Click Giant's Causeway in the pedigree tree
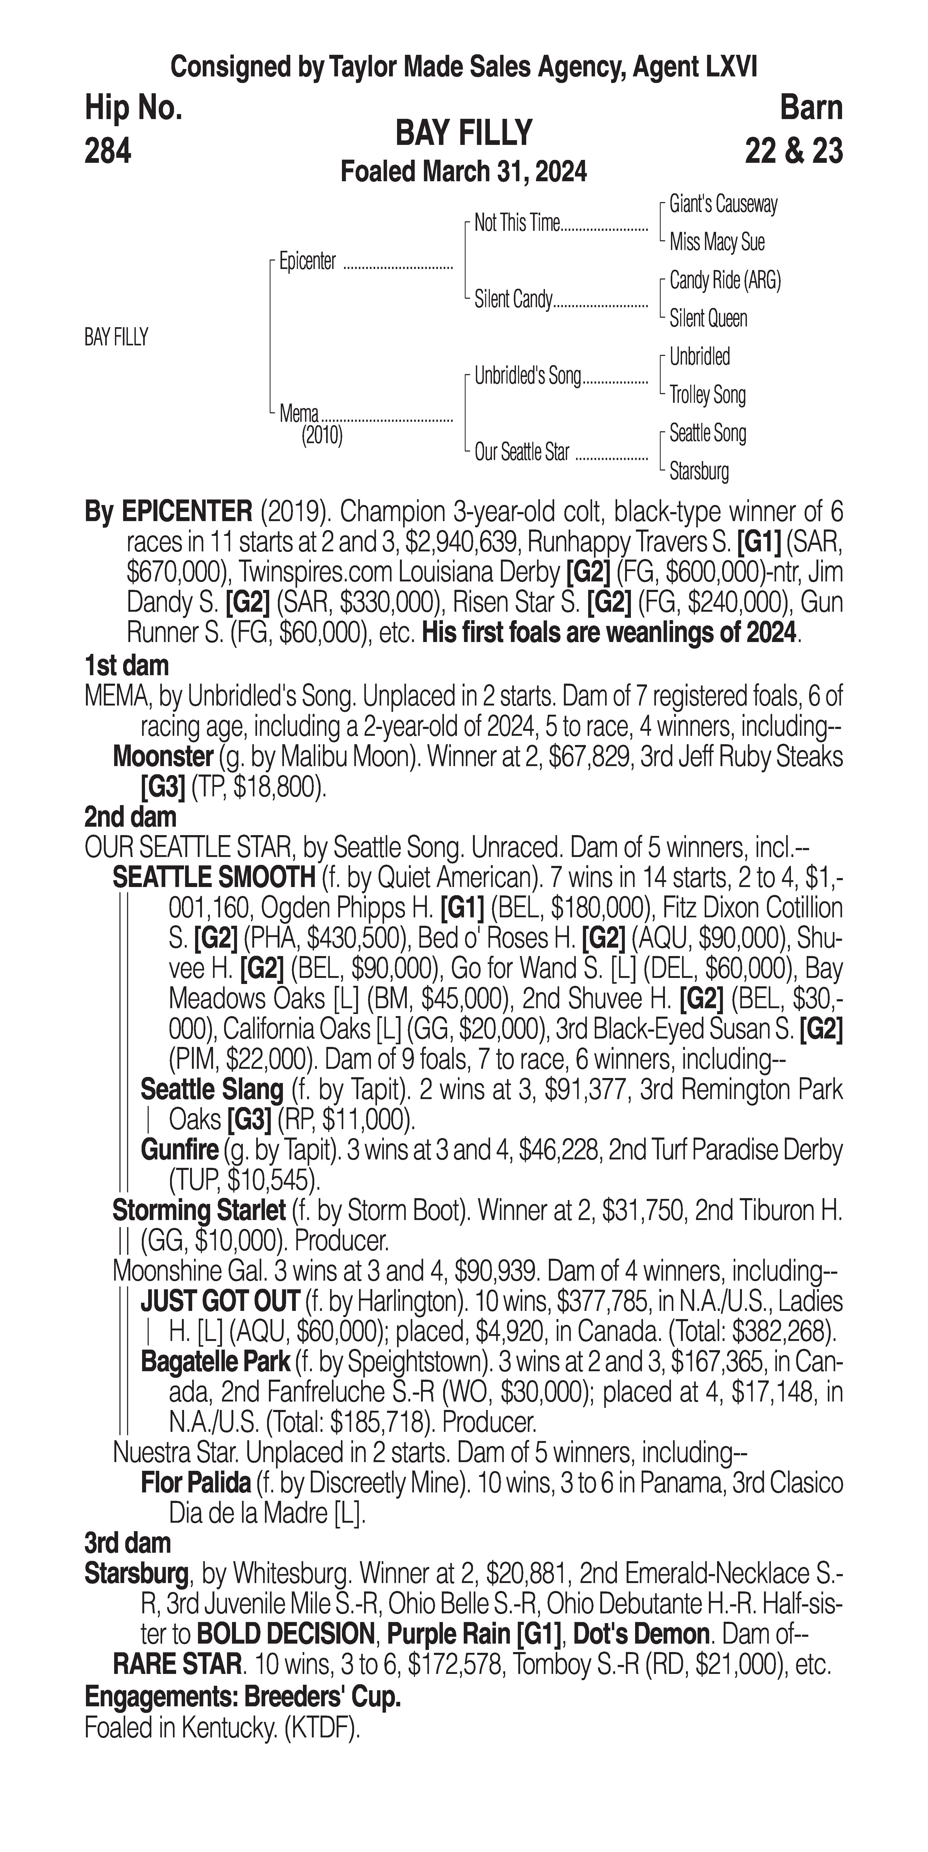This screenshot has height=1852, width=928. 723,204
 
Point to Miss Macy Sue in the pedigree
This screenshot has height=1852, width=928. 717,242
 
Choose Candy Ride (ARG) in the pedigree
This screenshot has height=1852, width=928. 724,280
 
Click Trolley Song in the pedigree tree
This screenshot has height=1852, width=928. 707,395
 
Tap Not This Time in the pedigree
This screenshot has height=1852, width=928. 516,224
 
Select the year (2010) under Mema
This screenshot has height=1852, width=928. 322,436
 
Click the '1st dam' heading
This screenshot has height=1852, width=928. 127,666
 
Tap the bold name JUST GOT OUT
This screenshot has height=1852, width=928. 220,1301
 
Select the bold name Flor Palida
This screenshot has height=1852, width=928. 196,1482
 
